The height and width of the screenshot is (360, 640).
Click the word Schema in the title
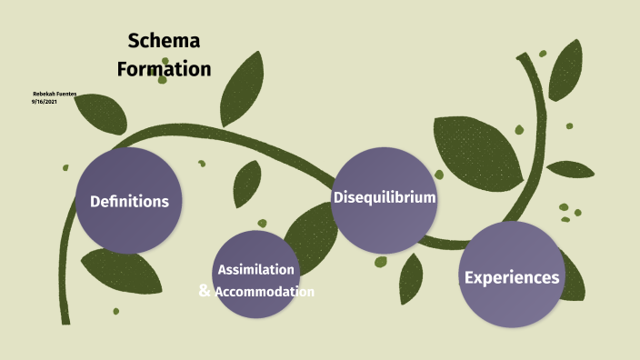[x=164, y=41]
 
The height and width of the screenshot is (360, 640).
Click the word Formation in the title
[x=164, y=69]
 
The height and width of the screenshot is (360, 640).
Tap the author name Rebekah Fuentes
[x=54, y=94]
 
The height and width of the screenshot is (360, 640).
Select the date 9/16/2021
[x=45, y=102]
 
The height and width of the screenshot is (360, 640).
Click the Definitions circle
[x=129, y=201]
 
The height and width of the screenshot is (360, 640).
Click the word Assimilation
[x=255, y=270]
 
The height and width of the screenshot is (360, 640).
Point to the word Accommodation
[x=265, y=292]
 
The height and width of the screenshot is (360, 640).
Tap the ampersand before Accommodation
[x=205, y=291]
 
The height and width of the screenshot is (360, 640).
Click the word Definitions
[x=129, y=202]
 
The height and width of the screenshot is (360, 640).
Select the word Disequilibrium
[x=385, y=197]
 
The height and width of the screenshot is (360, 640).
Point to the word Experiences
[x=512, y=278]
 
